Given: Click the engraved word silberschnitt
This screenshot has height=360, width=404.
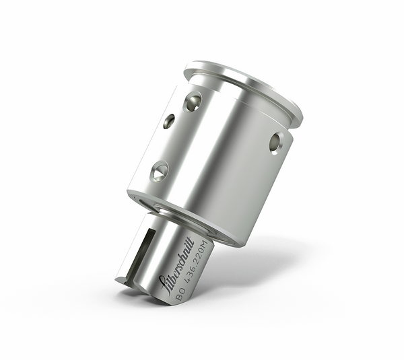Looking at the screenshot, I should (x=176, y=263).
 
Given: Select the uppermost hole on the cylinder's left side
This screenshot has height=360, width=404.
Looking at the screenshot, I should (x=193, y=102).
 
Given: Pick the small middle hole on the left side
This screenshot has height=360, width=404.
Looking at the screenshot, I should (x=168, y=121).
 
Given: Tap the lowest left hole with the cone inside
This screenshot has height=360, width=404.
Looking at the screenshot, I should (x=160, y=171).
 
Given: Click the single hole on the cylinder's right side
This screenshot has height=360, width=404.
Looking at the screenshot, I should (x=275, y=142).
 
